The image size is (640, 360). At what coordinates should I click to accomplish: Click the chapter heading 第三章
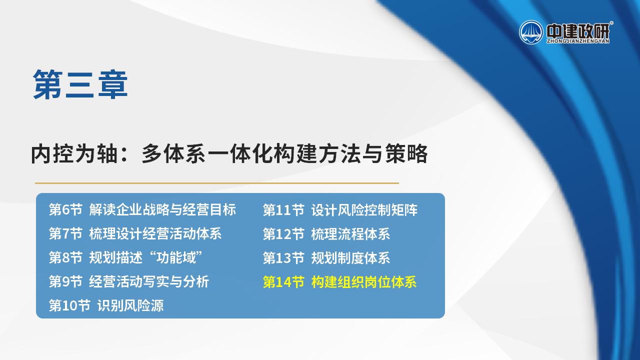pyautogui.click(x=80, y=84)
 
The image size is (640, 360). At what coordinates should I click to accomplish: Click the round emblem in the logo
pyautogui.click(x=531, y=32)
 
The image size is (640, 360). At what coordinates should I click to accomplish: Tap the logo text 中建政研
pyautogui.click(x=577, y=31)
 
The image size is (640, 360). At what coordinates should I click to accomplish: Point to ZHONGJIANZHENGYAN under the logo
pyautogui.click(x=577, y=41)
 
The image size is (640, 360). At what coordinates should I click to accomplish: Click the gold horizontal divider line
pyautogui.click(x=217, y=183)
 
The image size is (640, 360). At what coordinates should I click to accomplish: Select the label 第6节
pyautogui.click(x=65, y=209)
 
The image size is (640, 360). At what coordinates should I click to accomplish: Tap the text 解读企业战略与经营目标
pyautogui.click(x=162, y=209)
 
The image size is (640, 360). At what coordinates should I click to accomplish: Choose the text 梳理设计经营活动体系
pyautogui.click(x=155, y=233)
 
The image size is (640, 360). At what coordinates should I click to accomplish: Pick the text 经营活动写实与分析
pyautogui.click(x=149, y=281)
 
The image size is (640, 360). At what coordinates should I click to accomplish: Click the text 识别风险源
pyautogui.click(x=130, y=305)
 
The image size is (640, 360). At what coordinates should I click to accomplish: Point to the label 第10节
pyautogui.click(x=69, y=305)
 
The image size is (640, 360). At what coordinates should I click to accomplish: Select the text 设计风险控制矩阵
pyautogui.click(x=364, y=210)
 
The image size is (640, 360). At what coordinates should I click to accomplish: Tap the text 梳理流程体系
pyautogui.click(x=350, y=234)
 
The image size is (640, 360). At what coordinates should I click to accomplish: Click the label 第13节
pyautogui.click(x=283, y=258)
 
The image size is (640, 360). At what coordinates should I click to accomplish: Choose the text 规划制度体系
pyautogui.click(x=350, y=258)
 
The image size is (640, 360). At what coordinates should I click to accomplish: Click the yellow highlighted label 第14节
pyautogui.click(x=283, y=282)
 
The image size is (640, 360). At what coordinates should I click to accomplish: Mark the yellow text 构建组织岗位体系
pyautogui.click(x=363, y=282)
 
